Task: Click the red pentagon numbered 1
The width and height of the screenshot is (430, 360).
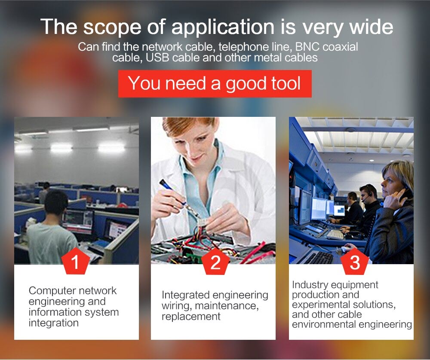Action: [x=75, y=261]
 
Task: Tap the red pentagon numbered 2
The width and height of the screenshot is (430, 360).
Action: [x=215, y=261]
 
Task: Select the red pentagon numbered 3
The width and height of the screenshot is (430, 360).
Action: [x=355, y=261]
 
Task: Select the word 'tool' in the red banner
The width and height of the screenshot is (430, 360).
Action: [x=286, y=83]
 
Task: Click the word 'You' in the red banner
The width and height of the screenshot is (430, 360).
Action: [x=144, y=83]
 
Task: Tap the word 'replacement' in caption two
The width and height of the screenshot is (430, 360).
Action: [x=191, y=317]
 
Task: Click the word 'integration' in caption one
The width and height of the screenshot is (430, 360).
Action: [x=54, y=323]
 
